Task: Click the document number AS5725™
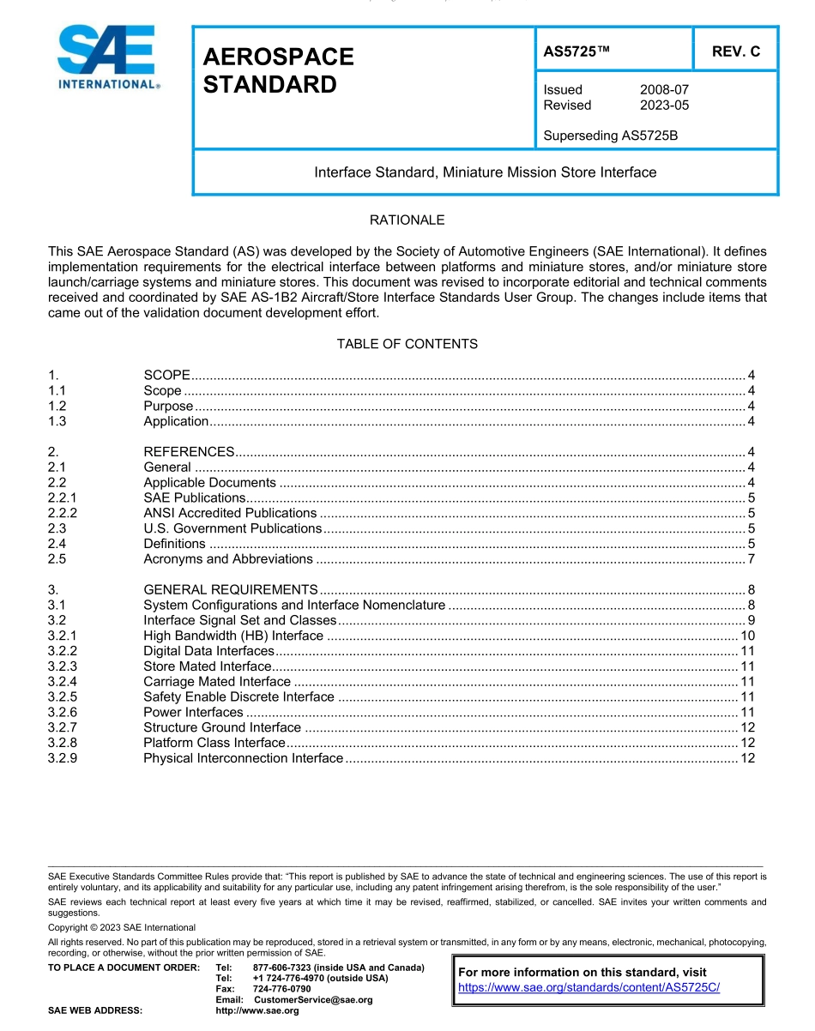(577, 51)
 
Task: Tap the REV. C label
(735, 51)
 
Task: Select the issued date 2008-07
(664, 90)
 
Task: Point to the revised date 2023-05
(664, 106)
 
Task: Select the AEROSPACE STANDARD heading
(278, 70)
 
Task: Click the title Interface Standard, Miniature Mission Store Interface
(485, 172)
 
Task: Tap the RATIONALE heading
(407, 220)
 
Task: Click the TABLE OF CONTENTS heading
(407, 344)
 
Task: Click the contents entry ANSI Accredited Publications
(230, 513)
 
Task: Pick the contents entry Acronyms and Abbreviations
(228, 559)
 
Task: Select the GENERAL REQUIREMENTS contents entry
(231, 590)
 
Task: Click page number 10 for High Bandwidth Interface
(747, 636)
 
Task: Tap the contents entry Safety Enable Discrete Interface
(238, 697)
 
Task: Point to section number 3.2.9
(63, 758)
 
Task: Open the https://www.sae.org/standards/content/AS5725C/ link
(589, 987)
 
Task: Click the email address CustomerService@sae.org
(313, 1000)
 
